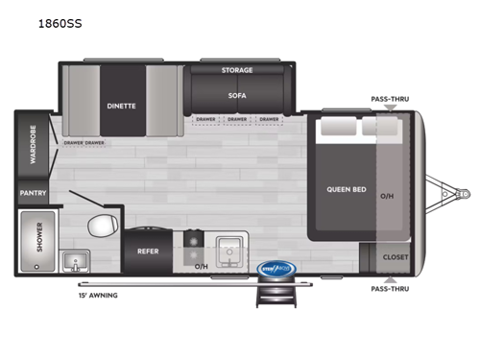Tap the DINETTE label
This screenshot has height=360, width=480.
click(122, 106)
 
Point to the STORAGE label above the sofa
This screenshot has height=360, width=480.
click(236, 70)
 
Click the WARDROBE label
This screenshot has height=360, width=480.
click(32, 145)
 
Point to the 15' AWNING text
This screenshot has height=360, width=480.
click(99, 295)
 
